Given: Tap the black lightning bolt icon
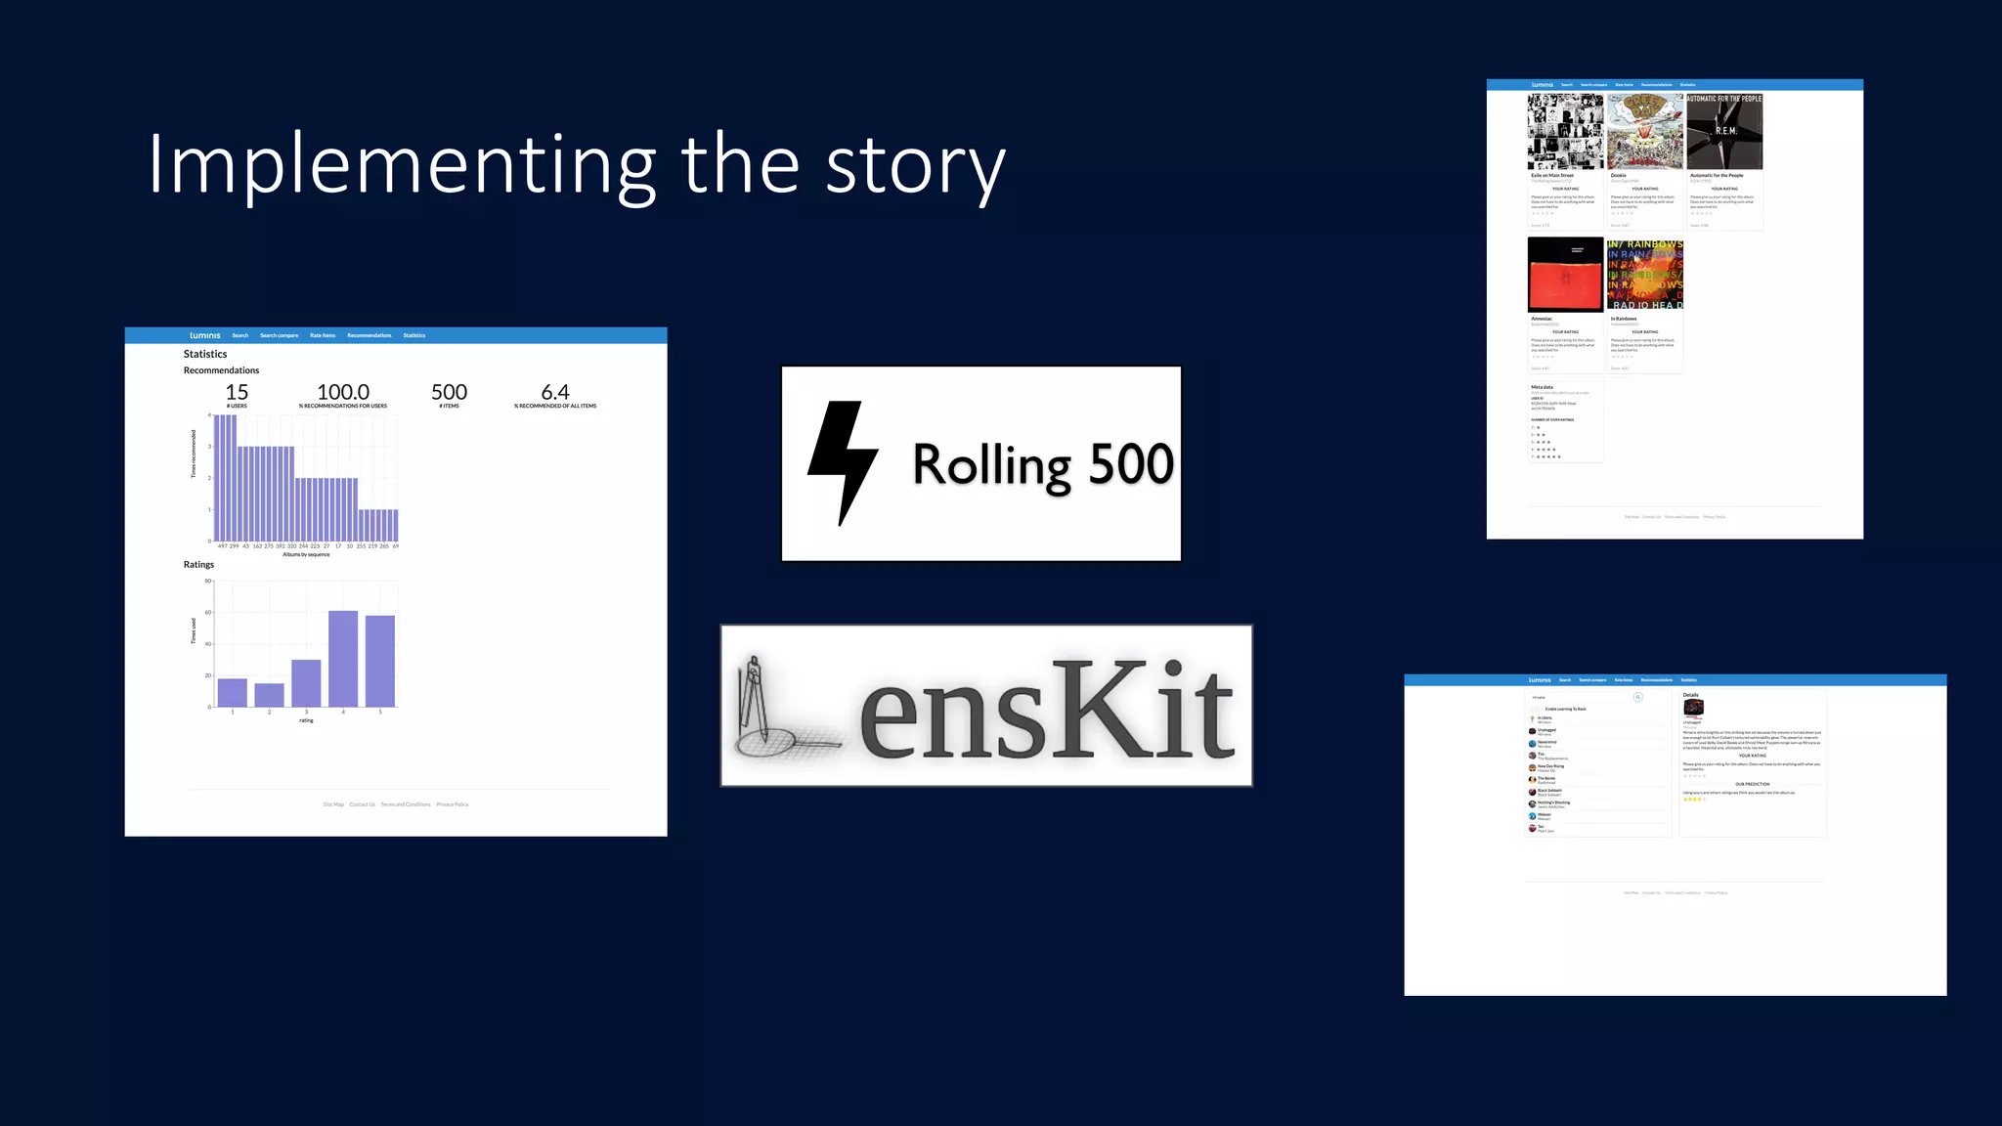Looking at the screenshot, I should [842, 462].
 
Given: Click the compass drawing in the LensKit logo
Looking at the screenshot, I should [772, 707].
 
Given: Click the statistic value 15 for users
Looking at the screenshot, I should [237, 392].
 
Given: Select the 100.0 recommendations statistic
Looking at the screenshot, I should [343, 392].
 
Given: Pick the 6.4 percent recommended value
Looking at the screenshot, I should [555, 392].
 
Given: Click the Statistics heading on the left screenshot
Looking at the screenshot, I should [205, 354].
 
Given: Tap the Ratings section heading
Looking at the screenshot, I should [198, 564].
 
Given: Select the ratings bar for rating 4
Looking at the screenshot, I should [343, 659].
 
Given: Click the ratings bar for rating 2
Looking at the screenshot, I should [269, 695].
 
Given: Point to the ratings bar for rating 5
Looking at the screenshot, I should [380, 661].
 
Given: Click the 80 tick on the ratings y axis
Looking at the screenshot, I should [207, 581].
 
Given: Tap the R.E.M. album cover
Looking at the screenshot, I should [1724, 132].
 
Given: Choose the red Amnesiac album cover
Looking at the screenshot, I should [1565, 274].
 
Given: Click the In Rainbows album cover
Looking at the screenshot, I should [1645, 274].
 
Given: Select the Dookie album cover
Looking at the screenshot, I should [1645, 132].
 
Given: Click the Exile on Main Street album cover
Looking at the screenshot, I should [1565, 132].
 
